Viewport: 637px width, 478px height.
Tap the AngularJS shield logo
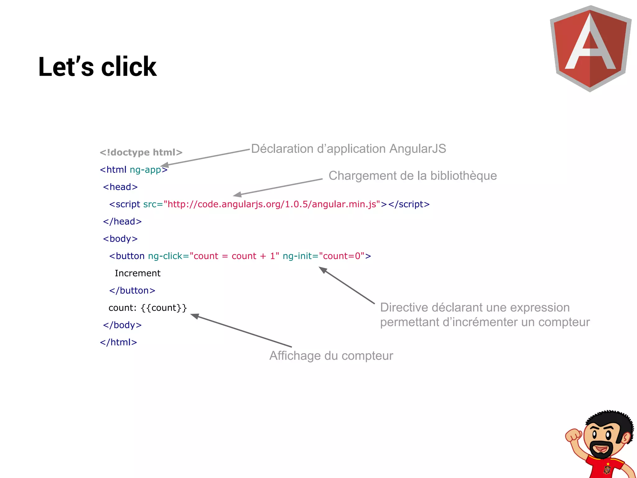590,48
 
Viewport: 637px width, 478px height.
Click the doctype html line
141,152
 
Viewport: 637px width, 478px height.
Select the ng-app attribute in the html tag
145,170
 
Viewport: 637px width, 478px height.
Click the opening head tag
120,187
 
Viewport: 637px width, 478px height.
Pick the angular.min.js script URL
272,204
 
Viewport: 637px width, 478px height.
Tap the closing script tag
409,204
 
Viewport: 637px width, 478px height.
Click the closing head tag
122,221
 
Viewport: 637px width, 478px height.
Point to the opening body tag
120,239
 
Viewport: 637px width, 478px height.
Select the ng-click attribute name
165,256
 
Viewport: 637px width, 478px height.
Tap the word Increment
137,273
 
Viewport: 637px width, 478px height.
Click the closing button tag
132,290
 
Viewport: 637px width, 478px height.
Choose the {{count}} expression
164,308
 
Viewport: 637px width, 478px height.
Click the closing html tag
119,342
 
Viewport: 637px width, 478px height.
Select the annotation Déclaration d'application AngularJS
348,149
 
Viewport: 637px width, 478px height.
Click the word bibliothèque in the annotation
463,176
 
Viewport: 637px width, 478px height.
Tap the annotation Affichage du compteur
331,356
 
